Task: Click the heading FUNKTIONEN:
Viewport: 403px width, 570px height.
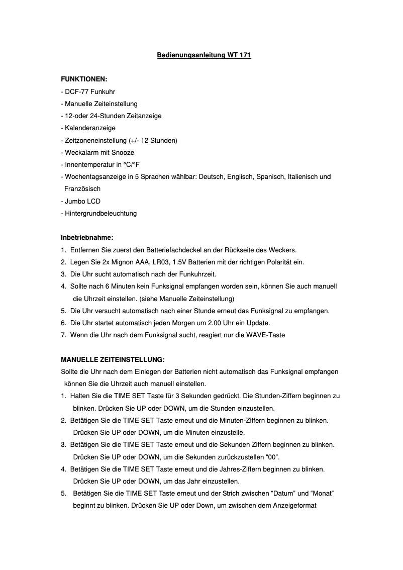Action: tap(84, 79)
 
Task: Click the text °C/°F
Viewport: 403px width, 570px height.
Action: tap(132, 164)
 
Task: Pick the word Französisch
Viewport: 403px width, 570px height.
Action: tap(82, 189)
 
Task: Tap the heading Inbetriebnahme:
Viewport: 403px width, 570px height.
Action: tap(87, 237)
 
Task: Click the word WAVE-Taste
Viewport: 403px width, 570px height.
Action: tap(268, 335)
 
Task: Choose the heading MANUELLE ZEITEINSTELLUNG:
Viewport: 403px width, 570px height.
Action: tap(113, 359)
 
